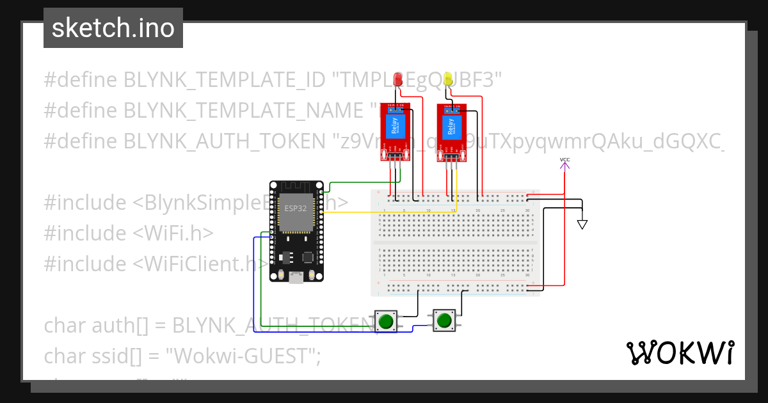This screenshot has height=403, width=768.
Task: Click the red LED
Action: coord(397,79)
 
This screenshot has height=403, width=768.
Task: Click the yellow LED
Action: coord(449,79)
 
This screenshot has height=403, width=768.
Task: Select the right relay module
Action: coord(452,130)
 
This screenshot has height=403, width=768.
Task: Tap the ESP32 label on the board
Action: coord(296,208)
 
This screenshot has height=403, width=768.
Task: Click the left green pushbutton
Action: coord(385,321)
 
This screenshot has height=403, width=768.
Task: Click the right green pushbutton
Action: coord(444,320)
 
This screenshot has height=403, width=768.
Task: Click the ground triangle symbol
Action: coord(582,225)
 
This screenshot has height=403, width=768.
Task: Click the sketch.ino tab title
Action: coord(113,28)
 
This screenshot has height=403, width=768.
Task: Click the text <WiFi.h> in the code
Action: coord(173,233)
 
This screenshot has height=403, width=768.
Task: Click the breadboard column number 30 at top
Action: coord(527,210)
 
